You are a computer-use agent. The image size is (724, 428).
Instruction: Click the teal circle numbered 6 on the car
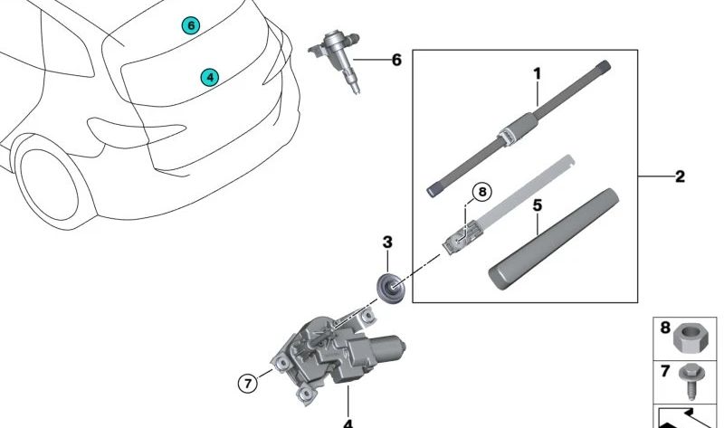190,26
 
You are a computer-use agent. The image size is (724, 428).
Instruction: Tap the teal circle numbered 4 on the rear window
210,77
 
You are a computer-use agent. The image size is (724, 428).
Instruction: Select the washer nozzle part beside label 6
337,59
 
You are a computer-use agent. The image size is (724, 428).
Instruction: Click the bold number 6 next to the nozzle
396,60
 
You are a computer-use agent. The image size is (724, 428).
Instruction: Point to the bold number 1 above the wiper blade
537,73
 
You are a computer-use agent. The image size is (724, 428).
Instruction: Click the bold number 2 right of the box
680,176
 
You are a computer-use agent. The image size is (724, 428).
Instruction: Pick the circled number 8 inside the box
482,192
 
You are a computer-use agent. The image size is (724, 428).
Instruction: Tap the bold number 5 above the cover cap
537,205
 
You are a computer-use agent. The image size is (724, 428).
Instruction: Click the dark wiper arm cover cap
554,239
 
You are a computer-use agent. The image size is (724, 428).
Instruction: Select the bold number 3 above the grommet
387,242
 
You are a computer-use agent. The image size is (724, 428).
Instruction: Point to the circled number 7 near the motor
248,384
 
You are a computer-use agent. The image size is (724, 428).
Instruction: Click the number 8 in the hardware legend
665,328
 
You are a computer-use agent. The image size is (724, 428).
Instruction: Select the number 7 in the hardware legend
665,371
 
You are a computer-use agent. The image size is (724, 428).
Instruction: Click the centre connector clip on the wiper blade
507,136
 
